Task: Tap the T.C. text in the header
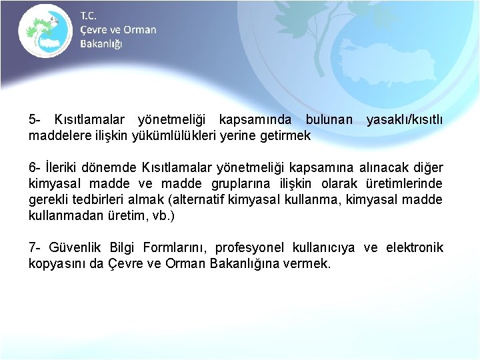coord(88,15)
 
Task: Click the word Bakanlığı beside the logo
coord(101,44)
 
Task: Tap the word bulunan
coord(329,120)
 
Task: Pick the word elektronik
coord(415,248)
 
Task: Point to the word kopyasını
coord(58,264)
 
